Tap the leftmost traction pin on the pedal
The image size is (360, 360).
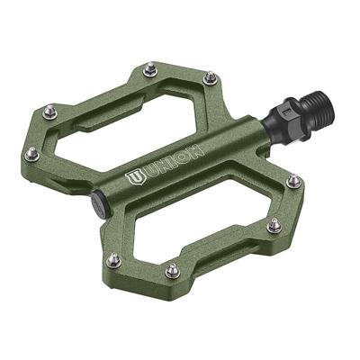31,155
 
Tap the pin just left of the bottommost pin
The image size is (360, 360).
112,260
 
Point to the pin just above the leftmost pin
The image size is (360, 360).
49,113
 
